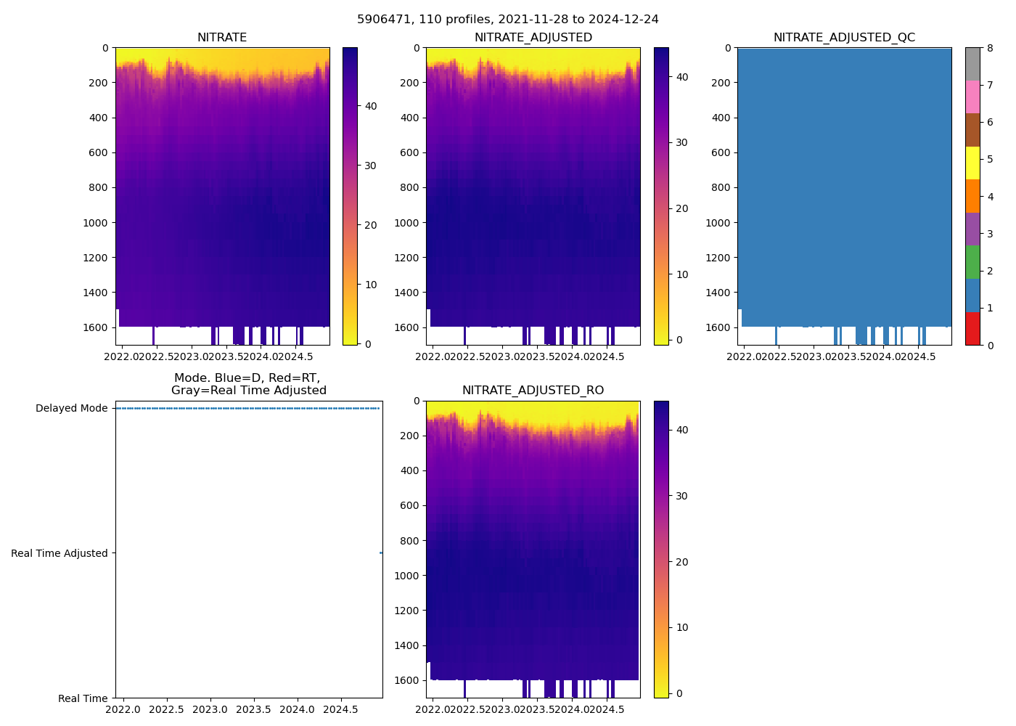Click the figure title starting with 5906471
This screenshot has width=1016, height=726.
[508, 20]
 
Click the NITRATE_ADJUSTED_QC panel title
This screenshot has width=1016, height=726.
[844, 38]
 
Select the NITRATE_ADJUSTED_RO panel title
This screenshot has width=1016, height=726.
[533, 391]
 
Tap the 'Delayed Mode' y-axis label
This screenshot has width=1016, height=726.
[71, 408]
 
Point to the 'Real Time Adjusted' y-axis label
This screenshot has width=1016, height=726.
[60, 553]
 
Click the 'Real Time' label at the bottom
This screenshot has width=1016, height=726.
[83, 698]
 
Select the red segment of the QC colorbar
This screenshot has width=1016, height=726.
[972, 328]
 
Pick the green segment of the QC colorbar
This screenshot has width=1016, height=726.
[972, 262]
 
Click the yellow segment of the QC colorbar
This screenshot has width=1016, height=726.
[972, 163]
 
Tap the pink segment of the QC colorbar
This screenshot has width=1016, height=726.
[972, 97]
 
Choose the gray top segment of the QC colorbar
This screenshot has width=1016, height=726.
[972, 64]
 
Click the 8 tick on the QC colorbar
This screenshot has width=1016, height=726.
[990, 48]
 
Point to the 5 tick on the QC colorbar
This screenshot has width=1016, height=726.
[990, 160]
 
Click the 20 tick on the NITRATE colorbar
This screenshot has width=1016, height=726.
[370, 225]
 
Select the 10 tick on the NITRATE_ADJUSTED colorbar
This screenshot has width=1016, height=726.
[681, 274]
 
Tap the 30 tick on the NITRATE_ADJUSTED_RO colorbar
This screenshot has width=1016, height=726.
[681, 496]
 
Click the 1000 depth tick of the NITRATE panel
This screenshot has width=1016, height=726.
[96, 223]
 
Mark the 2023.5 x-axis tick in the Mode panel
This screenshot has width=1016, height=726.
[253, 709]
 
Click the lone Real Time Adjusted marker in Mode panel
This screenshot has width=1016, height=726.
[381, 553]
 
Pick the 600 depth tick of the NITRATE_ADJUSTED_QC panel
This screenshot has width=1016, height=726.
[718, 152]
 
